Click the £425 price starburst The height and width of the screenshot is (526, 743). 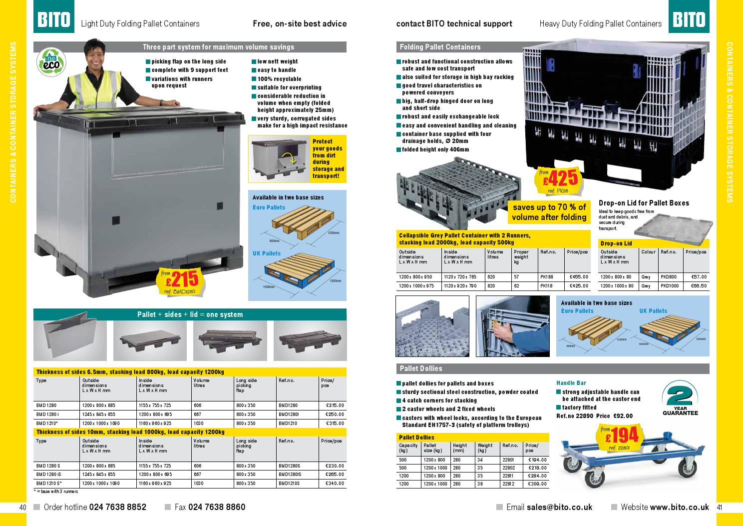(559, 180)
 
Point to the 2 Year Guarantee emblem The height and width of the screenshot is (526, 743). (680, 398)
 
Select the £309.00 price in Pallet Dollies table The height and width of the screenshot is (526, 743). (537, 484)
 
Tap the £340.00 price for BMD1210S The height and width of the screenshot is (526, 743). (334, 483)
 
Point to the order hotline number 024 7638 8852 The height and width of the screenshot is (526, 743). (118, 507)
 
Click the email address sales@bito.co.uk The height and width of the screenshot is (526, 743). (559, 507)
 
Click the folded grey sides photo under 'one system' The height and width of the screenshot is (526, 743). (70, 340)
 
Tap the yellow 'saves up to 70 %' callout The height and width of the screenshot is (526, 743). (548, 212)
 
